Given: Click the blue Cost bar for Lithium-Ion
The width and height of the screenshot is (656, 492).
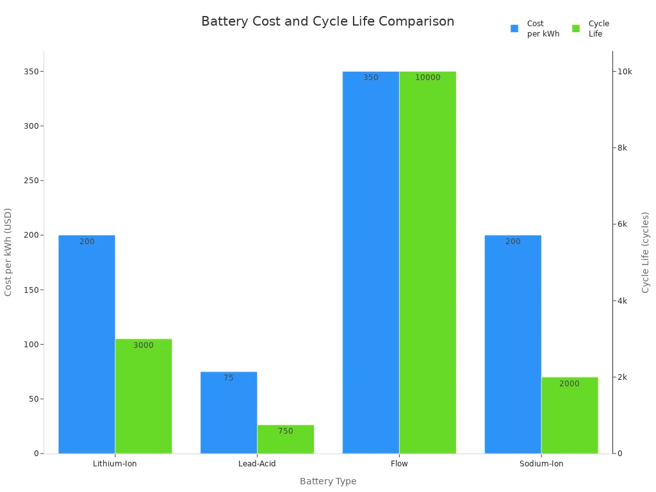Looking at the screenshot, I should pos(86,346).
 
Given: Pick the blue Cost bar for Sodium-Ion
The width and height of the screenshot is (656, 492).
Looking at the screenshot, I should pos(512,346).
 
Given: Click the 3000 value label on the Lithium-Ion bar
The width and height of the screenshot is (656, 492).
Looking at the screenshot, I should pos(143,345).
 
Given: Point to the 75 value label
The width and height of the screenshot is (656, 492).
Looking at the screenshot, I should pos(229,378).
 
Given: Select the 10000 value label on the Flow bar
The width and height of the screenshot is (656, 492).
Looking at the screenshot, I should pos(427,78).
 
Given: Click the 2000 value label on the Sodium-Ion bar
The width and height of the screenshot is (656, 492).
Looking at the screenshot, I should pos(569,384).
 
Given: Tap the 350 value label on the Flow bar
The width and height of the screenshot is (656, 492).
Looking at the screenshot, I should pos(371,78).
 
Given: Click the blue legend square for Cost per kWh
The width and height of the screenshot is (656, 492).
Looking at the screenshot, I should pos(514,28).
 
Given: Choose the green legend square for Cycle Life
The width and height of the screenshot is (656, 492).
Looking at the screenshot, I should pos(576,28).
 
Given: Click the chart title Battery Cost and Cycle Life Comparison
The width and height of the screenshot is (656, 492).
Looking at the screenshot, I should pos(327,21).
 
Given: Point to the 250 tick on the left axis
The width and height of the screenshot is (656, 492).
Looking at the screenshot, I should pos(29,181).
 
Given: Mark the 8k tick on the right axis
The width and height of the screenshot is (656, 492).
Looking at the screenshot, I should pos(621,147).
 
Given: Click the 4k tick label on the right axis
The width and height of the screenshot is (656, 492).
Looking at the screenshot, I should pos(621,300).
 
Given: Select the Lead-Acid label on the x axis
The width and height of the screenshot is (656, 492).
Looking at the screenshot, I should pos(257,463).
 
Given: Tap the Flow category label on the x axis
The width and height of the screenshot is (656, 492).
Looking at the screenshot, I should pos(399,463).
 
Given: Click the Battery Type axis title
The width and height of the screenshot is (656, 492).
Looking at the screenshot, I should pos(328,481).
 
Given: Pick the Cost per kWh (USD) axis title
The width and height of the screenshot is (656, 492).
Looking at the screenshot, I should pos(8,252).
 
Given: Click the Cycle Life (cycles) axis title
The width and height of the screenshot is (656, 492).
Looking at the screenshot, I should pos(646,252).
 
